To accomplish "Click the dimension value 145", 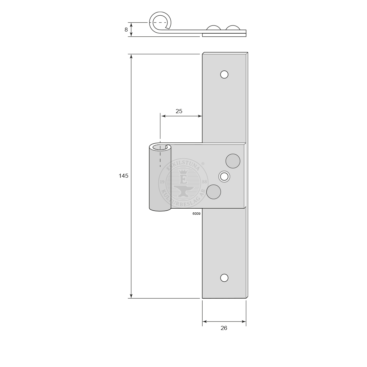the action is (123, 176).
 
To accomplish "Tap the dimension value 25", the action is (179, 111).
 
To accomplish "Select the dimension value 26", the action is (224, 328).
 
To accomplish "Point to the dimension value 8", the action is (126, 30).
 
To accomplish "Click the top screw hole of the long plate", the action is (224, 74).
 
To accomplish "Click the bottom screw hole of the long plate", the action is (224, 278).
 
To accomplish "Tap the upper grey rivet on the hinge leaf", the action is (233, 161).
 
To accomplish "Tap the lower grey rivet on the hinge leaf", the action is (213, 192).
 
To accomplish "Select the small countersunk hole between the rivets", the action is (224, 177).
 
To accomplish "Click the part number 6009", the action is (196, 214).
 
